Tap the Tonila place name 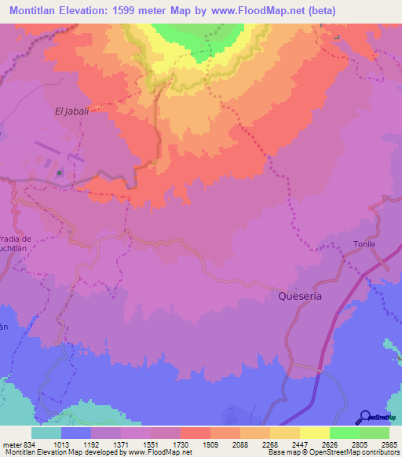364,244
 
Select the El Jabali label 71,111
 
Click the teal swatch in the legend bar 46,433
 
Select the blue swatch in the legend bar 76,433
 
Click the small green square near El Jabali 60,171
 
